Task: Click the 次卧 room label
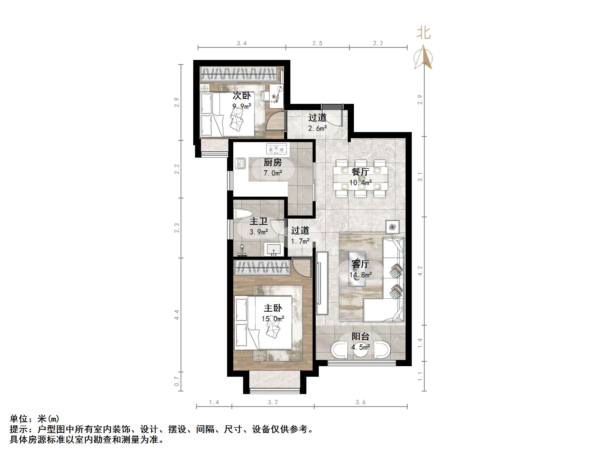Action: click(x=242, y=96)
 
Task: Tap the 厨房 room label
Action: click(x=273, y=163)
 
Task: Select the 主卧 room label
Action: click(x=273, y=308)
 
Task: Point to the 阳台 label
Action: click(x=360, y=336)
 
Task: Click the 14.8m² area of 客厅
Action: click(x=360, y=275)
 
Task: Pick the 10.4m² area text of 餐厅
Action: click(x=360, y=182)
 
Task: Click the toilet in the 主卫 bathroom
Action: click(x=243, y=214)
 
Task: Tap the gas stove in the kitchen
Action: click(x=276, y=149)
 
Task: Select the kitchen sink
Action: click(x=241, y=163)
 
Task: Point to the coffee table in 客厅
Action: click(x=357, y=269)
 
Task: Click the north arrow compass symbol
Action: click(x=423, y=57)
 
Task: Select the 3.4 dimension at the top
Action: click(x=242, y=43)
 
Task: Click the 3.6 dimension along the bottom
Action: click(x=360, y=402)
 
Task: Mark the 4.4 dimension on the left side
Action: click(x=177, y=315)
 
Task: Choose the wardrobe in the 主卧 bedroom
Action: click(x=262, y=267)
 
